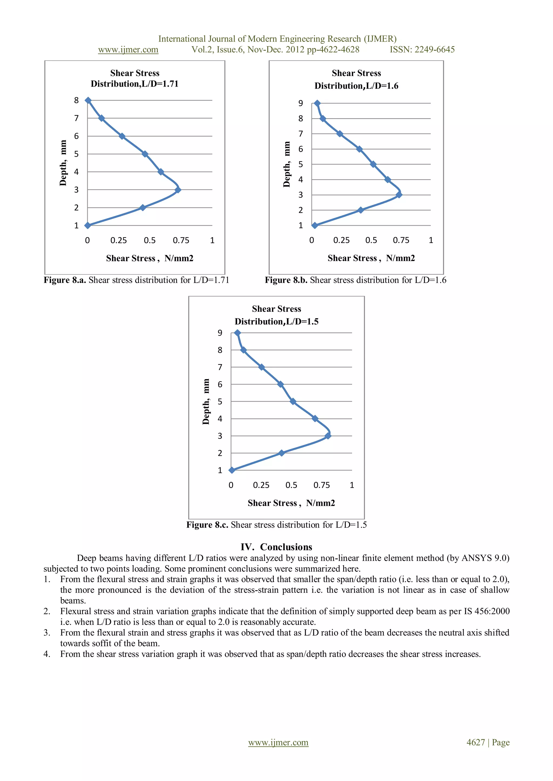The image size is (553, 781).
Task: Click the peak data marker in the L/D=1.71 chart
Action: (178, 190)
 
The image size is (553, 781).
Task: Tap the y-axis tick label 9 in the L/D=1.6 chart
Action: (300, 103)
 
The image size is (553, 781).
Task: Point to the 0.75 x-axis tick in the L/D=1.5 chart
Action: (321, 485)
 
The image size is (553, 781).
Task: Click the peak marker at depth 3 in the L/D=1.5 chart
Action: (328, 436)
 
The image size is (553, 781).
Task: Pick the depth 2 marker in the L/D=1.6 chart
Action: (360, 210)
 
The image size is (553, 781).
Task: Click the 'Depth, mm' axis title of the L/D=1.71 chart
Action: (63, 163)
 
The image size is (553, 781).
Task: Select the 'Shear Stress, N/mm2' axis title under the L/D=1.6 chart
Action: (371, 258)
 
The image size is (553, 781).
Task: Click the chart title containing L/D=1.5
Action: (276, 315)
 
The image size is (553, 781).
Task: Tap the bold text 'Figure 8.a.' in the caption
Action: (65, 280)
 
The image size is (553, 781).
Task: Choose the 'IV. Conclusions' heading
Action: (276, 547)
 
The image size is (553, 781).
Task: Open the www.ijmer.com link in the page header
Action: (128, 50)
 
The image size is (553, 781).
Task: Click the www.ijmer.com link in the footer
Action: (278, 743)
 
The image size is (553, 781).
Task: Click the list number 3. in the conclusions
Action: (47, 633)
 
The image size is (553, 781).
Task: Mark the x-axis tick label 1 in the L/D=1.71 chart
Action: (212, 240)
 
